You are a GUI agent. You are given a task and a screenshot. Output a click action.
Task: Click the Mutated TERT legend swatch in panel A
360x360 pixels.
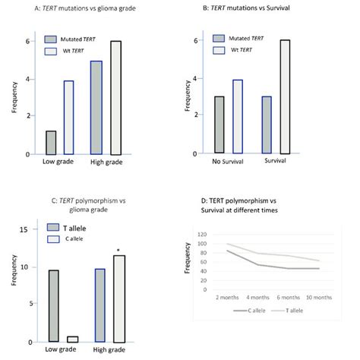pyautogui.click(x=52, y=38)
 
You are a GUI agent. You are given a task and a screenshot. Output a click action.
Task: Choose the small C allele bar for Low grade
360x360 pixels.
pyautogui.click(x=73, y=339)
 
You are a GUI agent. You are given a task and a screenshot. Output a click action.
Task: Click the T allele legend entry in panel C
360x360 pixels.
pyautogui.click(x=70, y=228)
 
